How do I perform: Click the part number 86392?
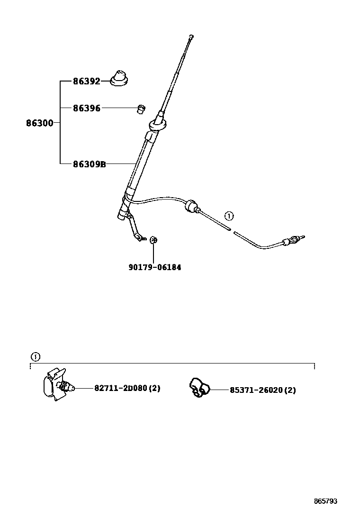pos(86,81)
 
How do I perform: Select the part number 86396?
pos(86,108)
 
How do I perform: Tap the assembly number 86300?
pos(39,123)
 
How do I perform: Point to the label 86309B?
pos(89,164)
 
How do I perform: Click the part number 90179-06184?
pos(154,267)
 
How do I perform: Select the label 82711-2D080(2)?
pos(127,388)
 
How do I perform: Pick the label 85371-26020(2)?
pos(262,390)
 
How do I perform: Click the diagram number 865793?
pos(325,501)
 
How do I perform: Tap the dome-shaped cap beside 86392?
pos(119,78)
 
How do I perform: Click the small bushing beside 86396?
pos(140,109)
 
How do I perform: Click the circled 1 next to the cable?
pos(229,217)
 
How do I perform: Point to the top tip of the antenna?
pos(190,37)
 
